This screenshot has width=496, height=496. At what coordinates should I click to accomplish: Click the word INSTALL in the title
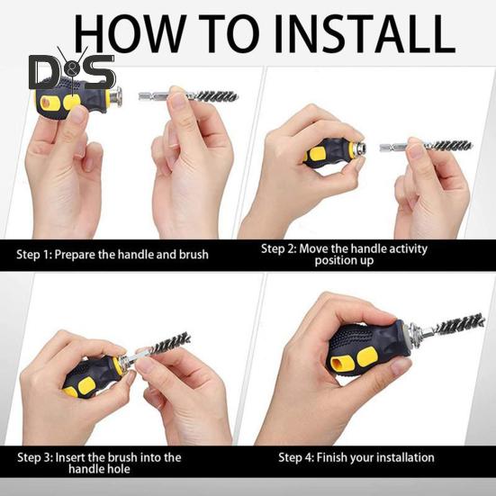tap(365, 33)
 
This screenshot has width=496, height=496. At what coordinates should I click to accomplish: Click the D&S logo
tap(72, 70)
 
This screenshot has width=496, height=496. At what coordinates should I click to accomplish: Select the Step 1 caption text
tap(113, 255)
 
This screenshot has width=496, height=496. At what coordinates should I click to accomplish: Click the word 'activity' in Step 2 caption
tap(408, 248)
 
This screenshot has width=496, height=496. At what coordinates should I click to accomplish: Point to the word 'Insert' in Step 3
tap(69, 457)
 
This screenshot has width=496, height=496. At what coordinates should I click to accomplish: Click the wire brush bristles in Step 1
tap(217, 95)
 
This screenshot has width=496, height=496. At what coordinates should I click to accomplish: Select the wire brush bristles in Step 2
tap(450, 146)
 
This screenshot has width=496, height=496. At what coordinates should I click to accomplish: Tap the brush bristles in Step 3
tap(172, 343)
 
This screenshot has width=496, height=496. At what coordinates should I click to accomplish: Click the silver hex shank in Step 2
tap(393, 147)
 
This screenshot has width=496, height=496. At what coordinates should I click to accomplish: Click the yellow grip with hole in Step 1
tap(46, 104)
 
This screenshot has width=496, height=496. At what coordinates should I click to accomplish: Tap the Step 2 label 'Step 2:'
tap(279, 248)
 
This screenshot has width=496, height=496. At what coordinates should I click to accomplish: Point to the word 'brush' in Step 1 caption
tap(194, 255)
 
